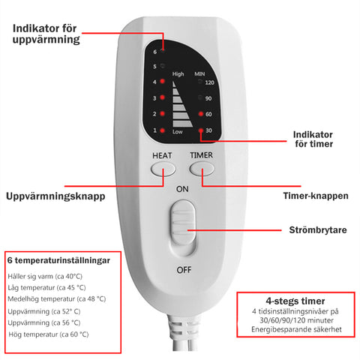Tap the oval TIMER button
click(202, 169)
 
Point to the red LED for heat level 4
click(162, 81)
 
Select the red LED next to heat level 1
click(162, 130)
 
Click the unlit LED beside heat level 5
click(163, 66)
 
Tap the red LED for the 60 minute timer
click(201, 114)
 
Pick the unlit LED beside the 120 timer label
click(200, 82)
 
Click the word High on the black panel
click(178, 74)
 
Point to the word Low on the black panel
click(178, 132)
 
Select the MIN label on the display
click(199, 74)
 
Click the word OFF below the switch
click(184, 270)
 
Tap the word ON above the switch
click(182, 189)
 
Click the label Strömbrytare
click(318, 230)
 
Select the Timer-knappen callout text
click(316, 196)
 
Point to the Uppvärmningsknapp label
click(55, 196)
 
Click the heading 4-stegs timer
click(295, 301)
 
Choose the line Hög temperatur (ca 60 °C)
click(49, 334)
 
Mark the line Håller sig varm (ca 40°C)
click(45, 276)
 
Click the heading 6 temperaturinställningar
click(58, 260)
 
